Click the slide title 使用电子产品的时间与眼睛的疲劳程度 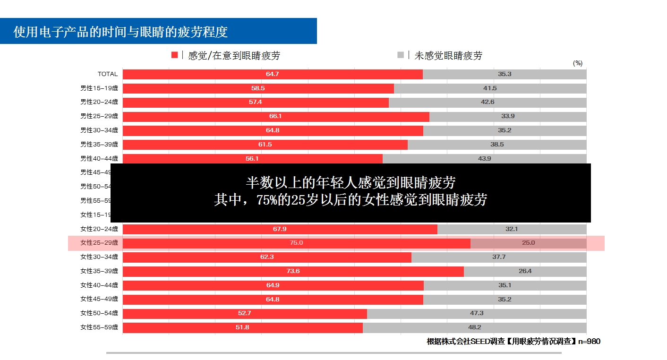[x=121, y=32]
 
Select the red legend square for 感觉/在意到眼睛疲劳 [x=174, y=55]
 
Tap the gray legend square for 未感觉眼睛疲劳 [x=401, y=55]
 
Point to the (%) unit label [x=577, y=63]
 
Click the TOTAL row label [x=107, y=74]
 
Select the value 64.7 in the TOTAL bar [x=273, y=74]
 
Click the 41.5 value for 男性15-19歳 [x=490, y=88]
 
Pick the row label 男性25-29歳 [x=99, y=116]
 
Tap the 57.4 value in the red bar [x=256, y=102]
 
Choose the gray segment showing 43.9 [x=484, y=159]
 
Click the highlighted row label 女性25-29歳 [x=99, y=243]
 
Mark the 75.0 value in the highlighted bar [x=296, y=243]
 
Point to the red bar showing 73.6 [x=293, y=271]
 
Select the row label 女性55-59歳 [x=99, y=327]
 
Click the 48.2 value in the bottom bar [x=474, y=327]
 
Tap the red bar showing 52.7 [x=244, y=313]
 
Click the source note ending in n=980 [x=513, y=341]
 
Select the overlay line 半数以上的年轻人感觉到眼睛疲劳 [x=351, y=182]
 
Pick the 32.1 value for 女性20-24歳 [x=512, y=229]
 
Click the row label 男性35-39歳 [x=99, y=145]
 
